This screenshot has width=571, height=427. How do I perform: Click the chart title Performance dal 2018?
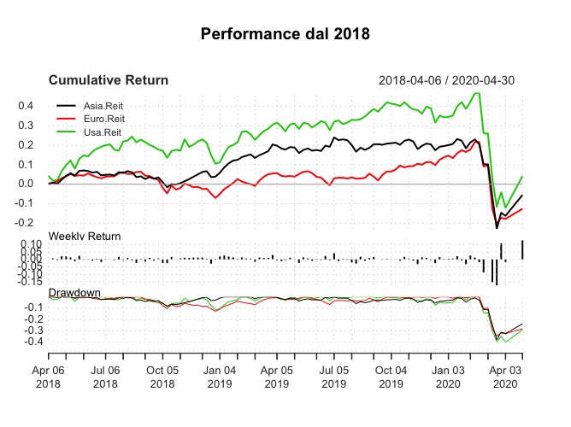(x=285, y=35)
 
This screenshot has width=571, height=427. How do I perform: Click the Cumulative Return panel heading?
(x=109, y=80)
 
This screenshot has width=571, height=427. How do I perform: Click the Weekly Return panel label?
(x=85, y=236)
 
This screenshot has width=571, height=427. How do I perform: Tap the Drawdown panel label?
(x=74, y=293)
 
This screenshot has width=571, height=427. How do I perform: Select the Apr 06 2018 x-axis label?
(x=48, y=377)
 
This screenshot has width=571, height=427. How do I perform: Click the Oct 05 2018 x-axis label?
(x=162, y=377)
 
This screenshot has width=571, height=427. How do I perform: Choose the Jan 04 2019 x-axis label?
(x=220, y=377)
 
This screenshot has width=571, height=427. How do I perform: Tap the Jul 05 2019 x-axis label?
(x=333, y=377)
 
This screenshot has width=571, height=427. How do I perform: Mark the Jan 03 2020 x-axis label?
(x=448, y=377)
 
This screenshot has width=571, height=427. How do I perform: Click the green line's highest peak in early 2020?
(x=476, y=94)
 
